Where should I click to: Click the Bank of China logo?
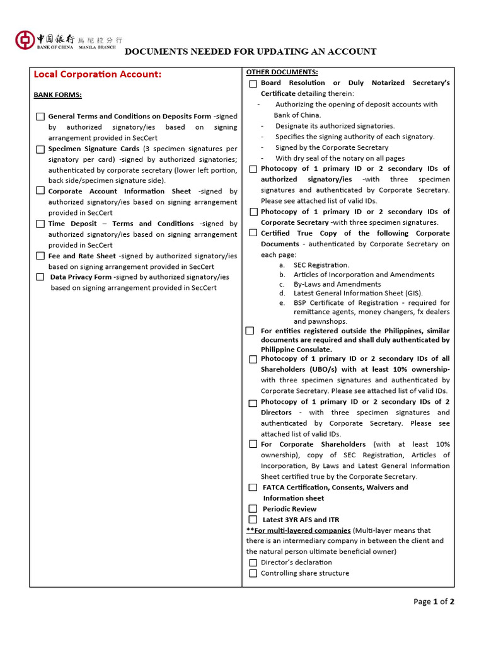click(x=25, y=40)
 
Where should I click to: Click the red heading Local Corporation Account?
click(x=97, y=74)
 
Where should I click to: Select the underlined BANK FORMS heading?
click(x=57, y=95)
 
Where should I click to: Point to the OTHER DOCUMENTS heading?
click(x=282, y=72)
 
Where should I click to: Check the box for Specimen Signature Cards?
click(x=40, y=149)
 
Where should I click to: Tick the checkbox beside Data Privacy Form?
click(x=40, y=277)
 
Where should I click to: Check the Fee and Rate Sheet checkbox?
click(x=40, y=256)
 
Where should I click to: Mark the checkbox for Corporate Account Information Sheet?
click(x=40, y=191)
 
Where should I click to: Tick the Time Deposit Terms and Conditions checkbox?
click(x=40, y=224)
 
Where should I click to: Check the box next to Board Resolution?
click(x=253, y=83)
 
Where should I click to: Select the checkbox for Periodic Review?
click(x=253, y=509)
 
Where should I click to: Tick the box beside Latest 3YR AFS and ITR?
click(x=253, y=520)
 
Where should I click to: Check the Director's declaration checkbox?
click(x=253, y=562)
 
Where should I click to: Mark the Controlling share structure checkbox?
click(x=253, y=573)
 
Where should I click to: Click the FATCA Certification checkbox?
click(x=253, y=488)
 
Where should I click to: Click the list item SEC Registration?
click(x=321, y=265)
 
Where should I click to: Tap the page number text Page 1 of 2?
click(x=434, y=602)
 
